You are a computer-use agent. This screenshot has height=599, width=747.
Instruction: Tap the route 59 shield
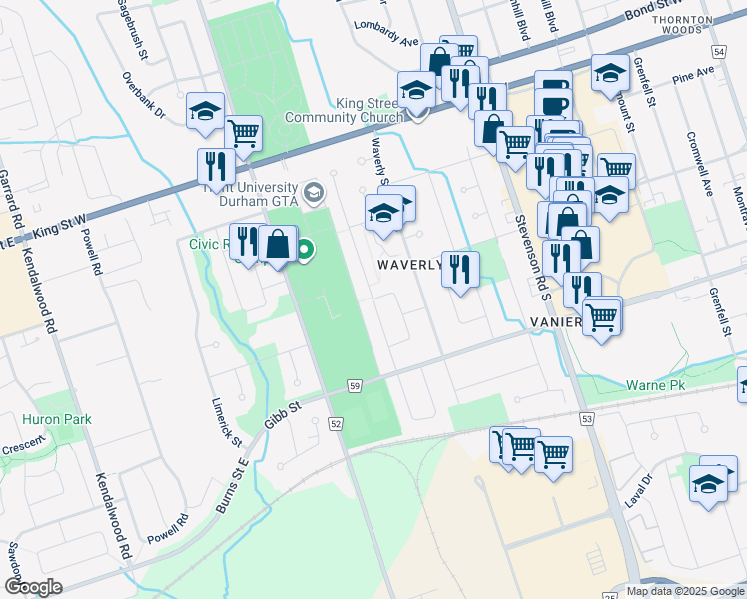click(x=355, y=385)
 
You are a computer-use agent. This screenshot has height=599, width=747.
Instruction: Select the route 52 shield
click(x=336, y=424)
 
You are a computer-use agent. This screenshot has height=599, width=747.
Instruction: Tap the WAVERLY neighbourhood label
click(x=408, y=265)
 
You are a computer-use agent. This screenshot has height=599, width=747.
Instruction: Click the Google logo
click(x=33, y=587)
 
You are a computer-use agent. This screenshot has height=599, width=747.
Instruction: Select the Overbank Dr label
click(x=144, y=95)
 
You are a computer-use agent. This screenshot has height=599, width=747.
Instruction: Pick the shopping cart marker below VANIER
click(x=601, y=318)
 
